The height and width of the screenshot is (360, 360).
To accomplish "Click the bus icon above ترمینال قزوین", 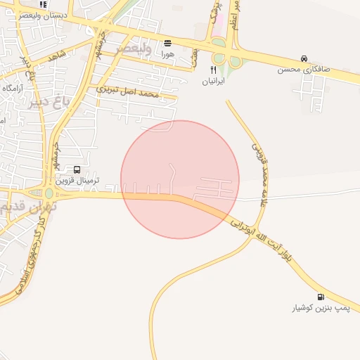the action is point(77,169).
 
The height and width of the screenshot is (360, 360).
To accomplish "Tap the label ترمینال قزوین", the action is point(77,181).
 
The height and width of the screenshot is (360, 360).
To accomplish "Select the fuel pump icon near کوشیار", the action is point(321,297).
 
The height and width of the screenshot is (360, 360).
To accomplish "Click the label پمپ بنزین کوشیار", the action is point(321,309).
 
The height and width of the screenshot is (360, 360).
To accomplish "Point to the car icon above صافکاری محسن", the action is point(304,58).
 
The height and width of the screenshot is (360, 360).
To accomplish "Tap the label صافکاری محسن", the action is point(304,70).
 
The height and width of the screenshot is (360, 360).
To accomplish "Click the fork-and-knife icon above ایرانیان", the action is point(213,70).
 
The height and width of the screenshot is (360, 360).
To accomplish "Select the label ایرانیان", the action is point(213,82).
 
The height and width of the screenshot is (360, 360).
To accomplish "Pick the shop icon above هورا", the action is point(167,42).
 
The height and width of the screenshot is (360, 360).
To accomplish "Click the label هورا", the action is point(167,53).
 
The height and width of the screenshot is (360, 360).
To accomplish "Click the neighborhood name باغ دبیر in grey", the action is point(53,99).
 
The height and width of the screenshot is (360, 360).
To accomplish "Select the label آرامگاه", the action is point(13,88).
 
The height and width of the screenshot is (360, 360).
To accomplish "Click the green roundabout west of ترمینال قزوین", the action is point(49,193).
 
